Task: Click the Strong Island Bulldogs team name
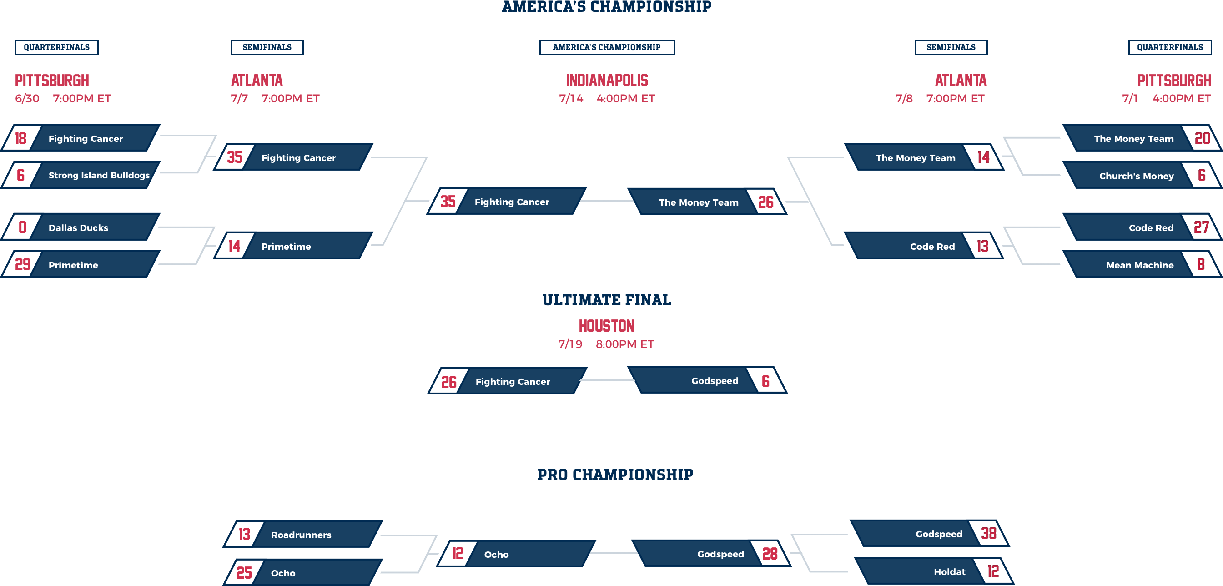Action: (x=99, y=175)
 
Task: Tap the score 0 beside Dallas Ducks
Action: (x=22, y=227)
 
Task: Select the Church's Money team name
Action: (x=1136, y=176)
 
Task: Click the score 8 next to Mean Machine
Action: (x=1201, y=264)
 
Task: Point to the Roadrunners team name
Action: (x=301, y=535)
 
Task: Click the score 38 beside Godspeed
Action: (x=988, y=533)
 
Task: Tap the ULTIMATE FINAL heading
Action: (x=607, y=300)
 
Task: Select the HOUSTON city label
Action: (x=606, y=326)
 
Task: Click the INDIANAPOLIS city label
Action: (x=607, y=80)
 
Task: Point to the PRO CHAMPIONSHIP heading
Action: (x=615, y=475)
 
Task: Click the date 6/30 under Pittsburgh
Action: (x=27, y=99)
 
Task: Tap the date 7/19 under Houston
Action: (x=570, y=344)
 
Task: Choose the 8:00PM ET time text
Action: (x=625, y=344)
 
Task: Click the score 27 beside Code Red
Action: (x=1201, y=227)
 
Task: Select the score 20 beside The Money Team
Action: (x=1202, y=138)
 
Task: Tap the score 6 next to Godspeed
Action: (x=765, y=381)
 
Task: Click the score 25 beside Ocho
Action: (x=244, y=573)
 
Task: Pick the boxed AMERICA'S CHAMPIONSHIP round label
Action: (x=607, y=47)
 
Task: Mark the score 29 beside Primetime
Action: (x=22, y=264)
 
